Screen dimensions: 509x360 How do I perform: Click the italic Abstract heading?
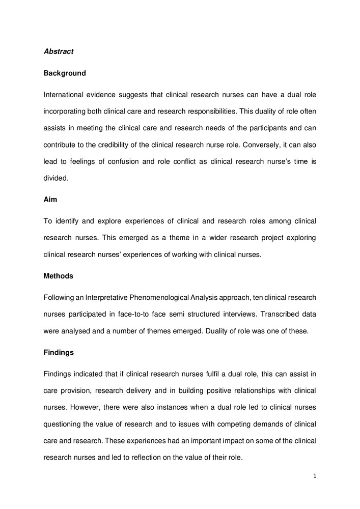pyautogui.click(x=59, y=51)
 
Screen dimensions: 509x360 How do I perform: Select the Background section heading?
pyautogui.click(x=65, y=73)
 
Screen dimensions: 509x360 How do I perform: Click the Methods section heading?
pyautogui.click(x=59, y=276)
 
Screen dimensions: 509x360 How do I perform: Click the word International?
pyautogui.click(x=66, y=95)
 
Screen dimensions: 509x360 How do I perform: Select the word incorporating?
pyautogui.click(x=66, y=111)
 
